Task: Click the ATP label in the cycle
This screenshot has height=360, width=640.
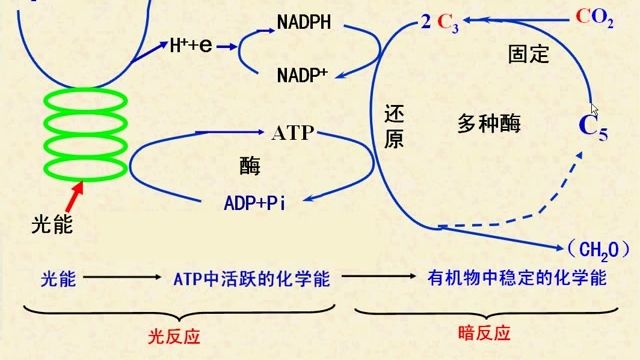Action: click(293, 132)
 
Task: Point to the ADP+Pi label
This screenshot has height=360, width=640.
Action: click(255, 203)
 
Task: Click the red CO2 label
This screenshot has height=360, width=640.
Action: click(595, 18)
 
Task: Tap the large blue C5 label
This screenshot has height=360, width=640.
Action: click(593, 127)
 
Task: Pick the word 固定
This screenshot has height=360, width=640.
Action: click(528, 54)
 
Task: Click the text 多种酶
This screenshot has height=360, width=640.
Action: click(489, 124)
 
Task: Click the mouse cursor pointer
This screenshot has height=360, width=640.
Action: click(594, 109)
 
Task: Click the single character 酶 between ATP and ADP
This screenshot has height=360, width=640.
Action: click(250, 165)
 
